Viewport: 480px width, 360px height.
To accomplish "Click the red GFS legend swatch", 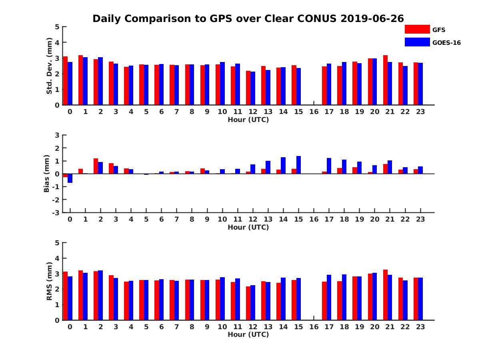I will click(x=417, y=29).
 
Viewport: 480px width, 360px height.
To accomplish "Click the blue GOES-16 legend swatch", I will click(x=417, y=42).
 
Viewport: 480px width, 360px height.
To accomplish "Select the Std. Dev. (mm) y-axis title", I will click(x=49, y=66).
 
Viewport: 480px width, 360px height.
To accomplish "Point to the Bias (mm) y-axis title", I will click(x=47, y=174).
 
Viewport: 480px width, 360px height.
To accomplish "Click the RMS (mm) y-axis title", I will click(x=49, y=281).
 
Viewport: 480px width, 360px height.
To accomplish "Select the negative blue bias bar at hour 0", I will click(x=70, y=178).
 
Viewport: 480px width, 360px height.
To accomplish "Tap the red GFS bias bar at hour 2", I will click(x=96, y=166).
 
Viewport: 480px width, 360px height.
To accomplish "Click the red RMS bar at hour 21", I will click(x=385, y=295).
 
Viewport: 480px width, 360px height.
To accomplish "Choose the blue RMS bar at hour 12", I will click(x=253, y=302).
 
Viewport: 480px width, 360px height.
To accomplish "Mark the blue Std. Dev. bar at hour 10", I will click(x=222, y=83).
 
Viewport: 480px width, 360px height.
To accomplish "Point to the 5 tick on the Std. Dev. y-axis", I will click(x=57, y=27).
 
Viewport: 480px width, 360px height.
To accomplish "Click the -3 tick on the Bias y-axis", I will click(x=56, y=212).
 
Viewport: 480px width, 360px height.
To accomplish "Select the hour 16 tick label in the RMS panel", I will click(x=314, y=326).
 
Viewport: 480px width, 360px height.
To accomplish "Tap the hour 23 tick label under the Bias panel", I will click(x=420, y=219).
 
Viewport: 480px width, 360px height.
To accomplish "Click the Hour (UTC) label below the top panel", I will click(x=248, y=120).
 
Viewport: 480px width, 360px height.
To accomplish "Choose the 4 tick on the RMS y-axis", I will click(x=57, y=258).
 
